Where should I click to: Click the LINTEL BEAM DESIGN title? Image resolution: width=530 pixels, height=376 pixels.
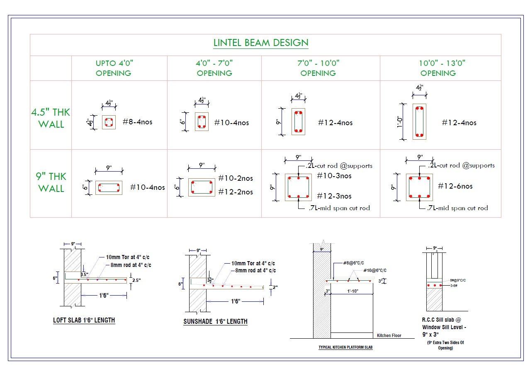coord(260,43)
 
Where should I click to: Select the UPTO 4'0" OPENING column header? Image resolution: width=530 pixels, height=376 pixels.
coord(114,68)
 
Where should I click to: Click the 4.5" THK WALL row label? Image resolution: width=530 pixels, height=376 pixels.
coord(51,118)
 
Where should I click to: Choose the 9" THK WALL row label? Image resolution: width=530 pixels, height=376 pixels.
coord(51,182)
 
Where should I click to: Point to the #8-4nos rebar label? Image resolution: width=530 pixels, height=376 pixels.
coord(138,122)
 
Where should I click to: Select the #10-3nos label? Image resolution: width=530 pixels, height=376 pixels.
coord(334,176)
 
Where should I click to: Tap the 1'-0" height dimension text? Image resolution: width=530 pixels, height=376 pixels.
coord(401,122)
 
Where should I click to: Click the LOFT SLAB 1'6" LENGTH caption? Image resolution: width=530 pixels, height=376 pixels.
coord(84,320)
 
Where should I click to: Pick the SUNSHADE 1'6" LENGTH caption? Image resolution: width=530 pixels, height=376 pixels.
coord(215,321)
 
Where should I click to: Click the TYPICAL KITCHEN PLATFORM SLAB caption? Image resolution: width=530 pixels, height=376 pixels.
coord(345,347)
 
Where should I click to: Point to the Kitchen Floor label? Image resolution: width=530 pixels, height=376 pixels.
coord(389,335)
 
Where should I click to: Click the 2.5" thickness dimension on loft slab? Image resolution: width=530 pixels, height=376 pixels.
coord(136,281)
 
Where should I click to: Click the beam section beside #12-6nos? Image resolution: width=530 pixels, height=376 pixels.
coord(419,187)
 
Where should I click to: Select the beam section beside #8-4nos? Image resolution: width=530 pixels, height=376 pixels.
coord(109,122)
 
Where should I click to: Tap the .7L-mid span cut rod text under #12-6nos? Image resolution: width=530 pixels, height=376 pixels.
coord(457,208)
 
